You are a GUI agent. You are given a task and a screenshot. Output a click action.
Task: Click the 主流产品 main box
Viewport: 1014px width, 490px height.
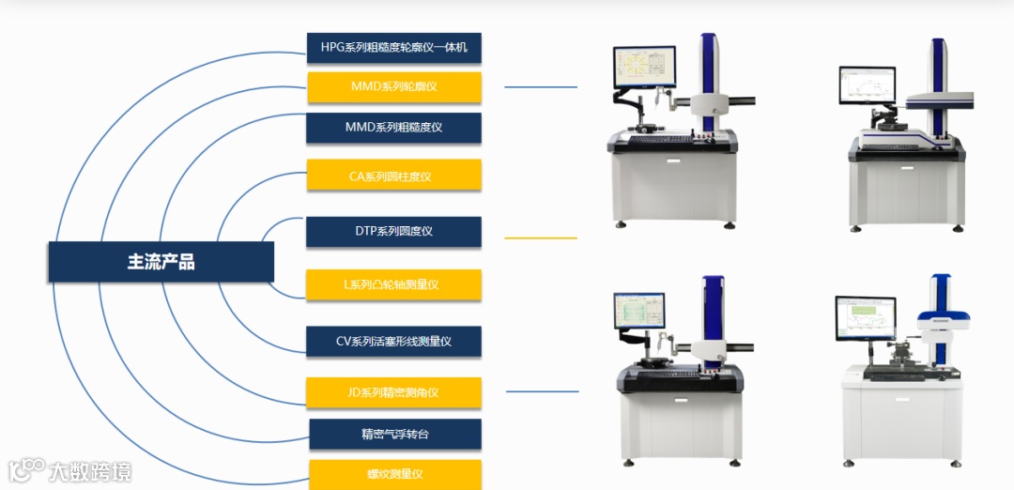(161, 262)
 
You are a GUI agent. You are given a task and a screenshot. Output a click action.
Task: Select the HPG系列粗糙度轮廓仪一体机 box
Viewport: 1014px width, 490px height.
(394, 48)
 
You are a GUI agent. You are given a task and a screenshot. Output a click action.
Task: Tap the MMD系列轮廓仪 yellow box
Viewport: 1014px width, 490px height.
(394, 87)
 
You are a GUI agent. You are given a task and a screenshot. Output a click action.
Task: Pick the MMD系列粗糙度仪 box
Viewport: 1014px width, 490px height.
(394, 128)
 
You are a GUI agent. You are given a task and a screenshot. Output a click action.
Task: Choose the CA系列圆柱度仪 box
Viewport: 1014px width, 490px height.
(394, 176)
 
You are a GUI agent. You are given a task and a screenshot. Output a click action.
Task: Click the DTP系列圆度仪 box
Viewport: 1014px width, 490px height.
(394, 232)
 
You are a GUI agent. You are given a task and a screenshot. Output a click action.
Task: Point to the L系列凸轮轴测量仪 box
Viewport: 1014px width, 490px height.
(394, 284)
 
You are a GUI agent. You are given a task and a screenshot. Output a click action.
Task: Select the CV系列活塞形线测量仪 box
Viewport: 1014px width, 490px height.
(394, 342)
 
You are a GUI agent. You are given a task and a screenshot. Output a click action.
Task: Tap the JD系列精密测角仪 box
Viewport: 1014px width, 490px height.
(394, 392)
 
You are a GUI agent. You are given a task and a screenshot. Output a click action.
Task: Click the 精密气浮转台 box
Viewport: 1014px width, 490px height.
(394, 434)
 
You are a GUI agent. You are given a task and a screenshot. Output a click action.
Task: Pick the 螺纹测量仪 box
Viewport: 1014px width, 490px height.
(394, 474)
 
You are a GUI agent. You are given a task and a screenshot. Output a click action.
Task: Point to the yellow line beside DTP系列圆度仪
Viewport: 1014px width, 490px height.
(541, 238)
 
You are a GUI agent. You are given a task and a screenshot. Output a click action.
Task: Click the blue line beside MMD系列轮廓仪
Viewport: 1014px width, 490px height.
(541, 87)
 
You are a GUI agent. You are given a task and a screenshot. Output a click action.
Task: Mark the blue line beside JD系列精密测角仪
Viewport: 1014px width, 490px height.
(542, 391)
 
